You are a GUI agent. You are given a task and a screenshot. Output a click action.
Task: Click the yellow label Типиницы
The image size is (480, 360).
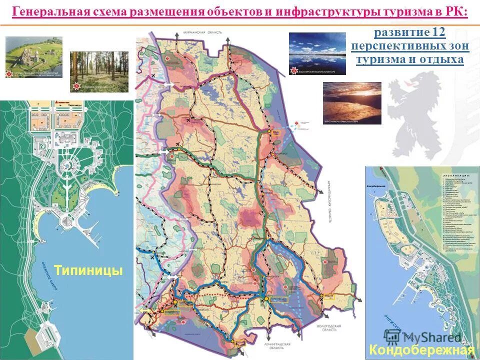point(88,270)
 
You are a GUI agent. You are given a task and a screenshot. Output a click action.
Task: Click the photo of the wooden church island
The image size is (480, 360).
point(34,56)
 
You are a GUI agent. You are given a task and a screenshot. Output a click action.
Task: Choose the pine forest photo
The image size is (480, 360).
point(99,71)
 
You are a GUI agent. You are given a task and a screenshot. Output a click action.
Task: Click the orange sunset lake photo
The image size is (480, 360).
point(352,102)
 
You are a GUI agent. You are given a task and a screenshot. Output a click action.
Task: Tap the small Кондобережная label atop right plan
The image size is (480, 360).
point(378,186)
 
